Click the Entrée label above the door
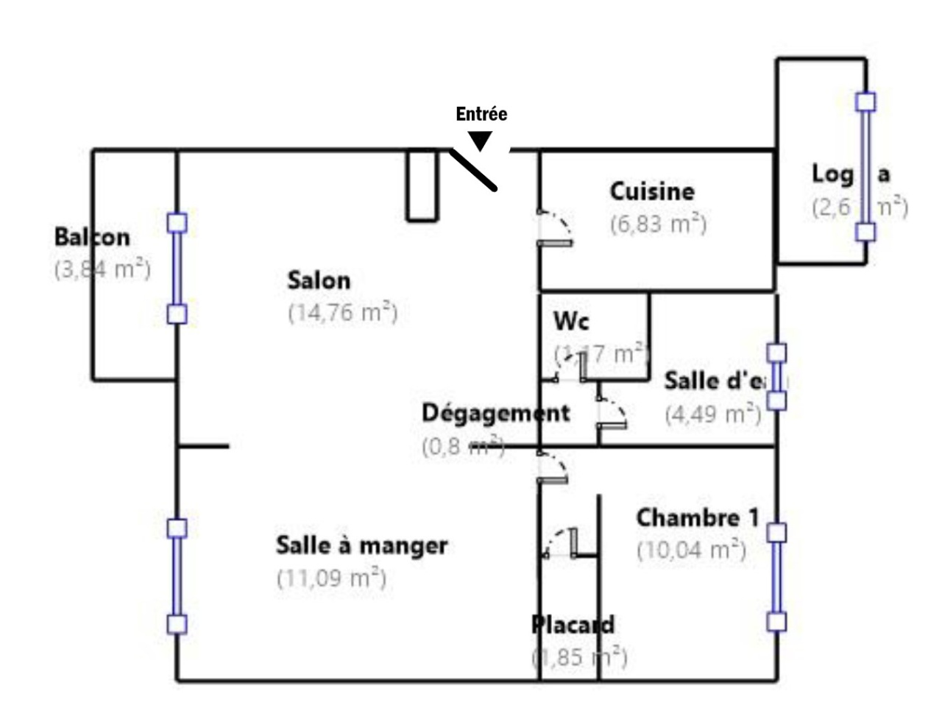coord(481,114)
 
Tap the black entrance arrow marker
coord(481,140)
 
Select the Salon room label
coord(319,280)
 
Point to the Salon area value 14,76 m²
coord(343,313)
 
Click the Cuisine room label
coord(652,191)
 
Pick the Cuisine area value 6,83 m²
coord(659,223)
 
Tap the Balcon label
coord(92,237)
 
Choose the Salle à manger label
coord(361,545)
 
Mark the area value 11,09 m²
coord(331,578)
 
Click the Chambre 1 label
coord(697,518)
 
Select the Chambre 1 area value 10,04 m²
coord(692,550)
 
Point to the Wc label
coord(571,321)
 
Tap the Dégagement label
coord(495,413)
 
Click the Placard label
coord(573,625)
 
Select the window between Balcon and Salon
coord(177,269)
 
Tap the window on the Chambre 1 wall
coord(776,577)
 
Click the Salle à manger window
coord(177,576)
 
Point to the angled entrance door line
coord(473,170)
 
